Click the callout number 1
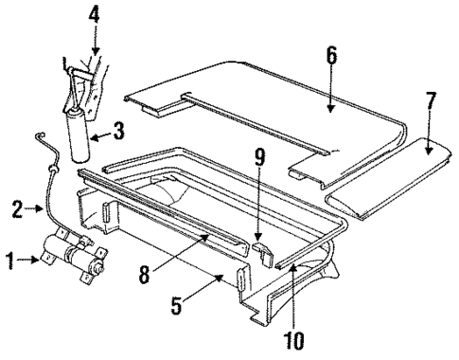point(9,257)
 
